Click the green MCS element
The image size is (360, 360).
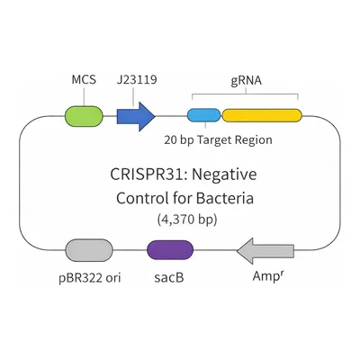point(84,116)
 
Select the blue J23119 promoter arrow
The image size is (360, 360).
point(136,116)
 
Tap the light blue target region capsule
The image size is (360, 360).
point(204,115)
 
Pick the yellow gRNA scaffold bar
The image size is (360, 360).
point(262,115)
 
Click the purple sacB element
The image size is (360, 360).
point(170,250)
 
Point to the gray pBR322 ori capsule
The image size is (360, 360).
point(89,250)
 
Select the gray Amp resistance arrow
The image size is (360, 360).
point(265,251)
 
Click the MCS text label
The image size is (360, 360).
point(84,80)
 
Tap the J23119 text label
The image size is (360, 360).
point(137,80)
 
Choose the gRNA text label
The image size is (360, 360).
point(247,80)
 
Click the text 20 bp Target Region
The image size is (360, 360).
point(218,139)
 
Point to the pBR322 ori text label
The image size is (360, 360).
point(90,278)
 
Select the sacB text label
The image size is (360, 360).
point(169,277)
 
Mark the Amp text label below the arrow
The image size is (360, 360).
point(267,275)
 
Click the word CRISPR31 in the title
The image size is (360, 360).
point(149,175)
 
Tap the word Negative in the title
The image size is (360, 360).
point(224,175)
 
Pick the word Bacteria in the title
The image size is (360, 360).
point(225,198)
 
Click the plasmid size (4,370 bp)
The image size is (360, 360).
point(187,220)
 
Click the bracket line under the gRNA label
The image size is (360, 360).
point(245,94)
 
